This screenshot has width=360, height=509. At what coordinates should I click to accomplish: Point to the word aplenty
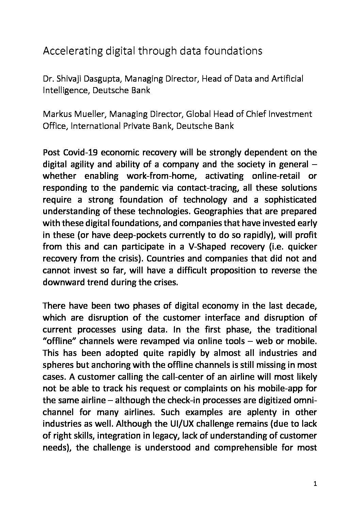[243, 412]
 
